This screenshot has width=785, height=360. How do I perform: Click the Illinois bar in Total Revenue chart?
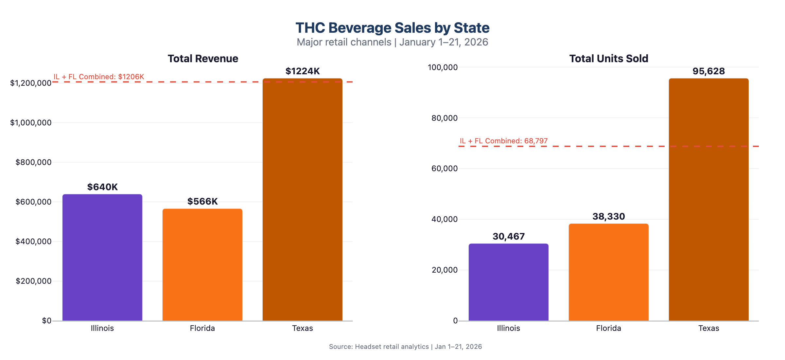[102, 257]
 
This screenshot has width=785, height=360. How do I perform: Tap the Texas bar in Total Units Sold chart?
[708, 200]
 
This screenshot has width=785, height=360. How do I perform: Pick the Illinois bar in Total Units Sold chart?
[508, 282]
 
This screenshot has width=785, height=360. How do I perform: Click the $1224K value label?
[303, 71]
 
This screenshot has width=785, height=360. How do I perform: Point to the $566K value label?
[202, 201]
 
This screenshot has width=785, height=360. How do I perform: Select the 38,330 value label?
[608, 216]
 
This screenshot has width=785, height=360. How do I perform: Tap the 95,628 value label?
[708, 71]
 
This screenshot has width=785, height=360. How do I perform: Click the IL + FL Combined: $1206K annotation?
[99, 77]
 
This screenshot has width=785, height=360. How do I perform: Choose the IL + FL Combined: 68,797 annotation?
[504, 141]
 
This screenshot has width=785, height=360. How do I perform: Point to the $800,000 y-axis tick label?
[33, 162]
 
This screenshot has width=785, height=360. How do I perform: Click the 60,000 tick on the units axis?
[445, 169]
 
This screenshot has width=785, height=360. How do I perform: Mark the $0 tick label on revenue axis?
[46, 321]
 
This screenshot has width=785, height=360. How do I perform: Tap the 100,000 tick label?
[443, 67]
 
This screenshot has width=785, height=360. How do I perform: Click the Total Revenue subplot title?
[203, 59]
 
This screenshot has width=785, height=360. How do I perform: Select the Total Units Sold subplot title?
[608, 59]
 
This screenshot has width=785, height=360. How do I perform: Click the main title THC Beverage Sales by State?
[392, 28]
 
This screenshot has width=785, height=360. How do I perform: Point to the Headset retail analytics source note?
[405, 347]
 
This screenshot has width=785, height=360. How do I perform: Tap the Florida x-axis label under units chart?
[608, 328]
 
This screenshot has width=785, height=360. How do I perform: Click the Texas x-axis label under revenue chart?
[303, 328]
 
